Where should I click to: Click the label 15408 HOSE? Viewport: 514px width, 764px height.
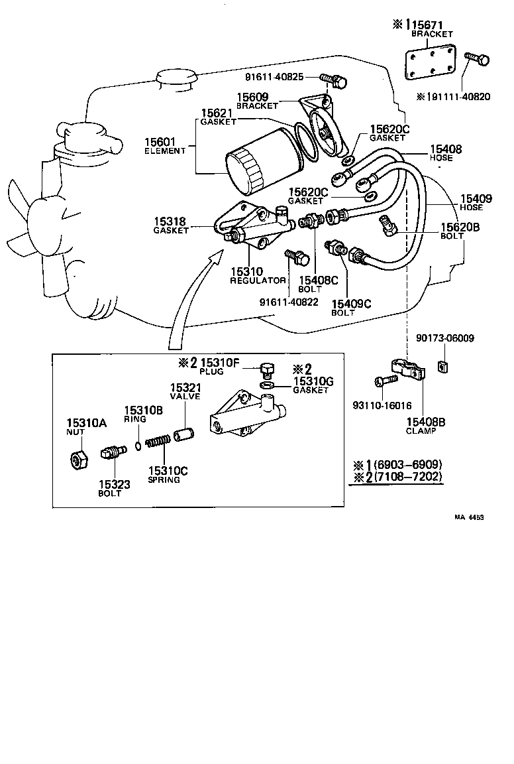(x=445, y=153)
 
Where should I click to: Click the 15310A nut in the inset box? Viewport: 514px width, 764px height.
(x=77, y=458)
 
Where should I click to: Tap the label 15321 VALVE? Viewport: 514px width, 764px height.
(x=184, y=391)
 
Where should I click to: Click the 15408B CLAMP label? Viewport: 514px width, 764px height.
(x=421, y=425)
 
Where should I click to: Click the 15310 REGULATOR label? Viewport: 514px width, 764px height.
(x=257, y=276)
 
